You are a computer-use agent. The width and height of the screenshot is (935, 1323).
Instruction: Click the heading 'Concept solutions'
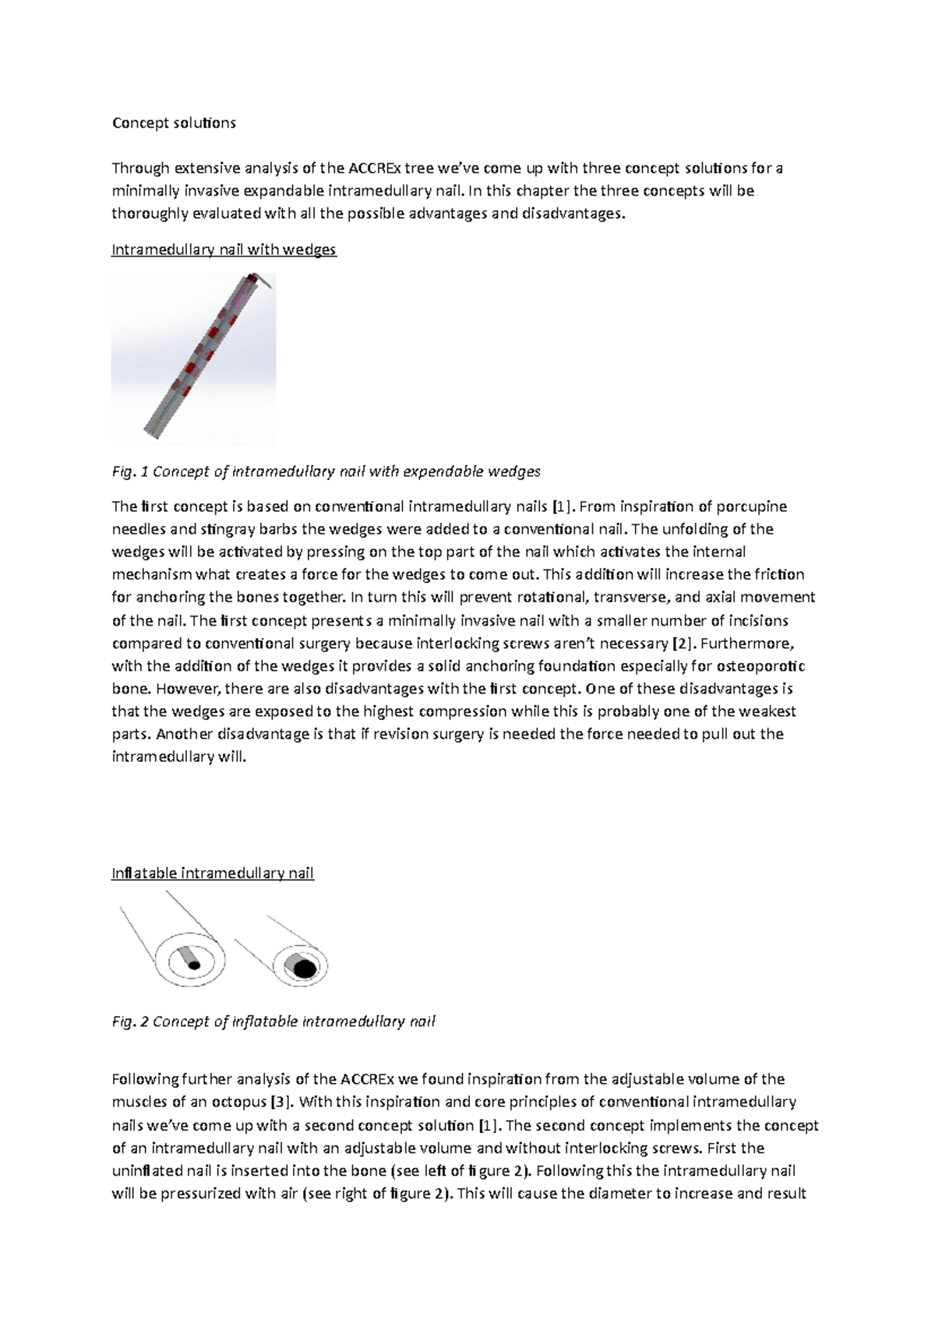174,123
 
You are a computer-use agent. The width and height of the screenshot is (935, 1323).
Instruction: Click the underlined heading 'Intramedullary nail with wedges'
224,250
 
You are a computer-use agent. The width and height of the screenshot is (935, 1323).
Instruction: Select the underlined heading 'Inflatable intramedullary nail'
212,873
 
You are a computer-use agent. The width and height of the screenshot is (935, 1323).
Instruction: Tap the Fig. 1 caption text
326,471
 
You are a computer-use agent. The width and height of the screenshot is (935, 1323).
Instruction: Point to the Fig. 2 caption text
273,1021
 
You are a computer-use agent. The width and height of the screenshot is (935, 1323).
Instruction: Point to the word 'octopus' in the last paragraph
241,1102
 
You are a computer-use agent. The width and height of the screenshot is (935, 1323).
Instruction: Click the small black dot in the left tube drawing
195,965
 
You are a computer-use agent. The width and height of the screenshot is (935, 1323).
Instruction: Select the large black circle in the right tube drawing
304,968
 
